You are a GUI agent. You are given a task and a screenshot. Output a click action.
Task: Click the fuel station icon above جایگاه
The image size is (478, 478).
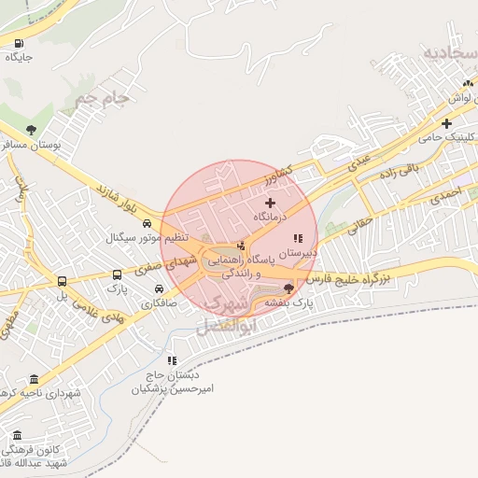point(19,43)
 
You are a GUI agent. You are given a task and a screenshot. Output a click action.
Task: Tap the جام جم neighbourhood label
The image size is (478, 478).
point(101,97)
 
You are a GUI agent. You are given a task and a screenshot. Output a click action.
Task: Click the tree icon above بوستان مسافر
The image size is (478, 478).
point(32,130)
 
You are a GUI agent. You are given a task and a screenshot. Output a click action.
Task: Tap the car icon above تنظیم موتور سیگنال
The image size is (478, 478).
point(148,223)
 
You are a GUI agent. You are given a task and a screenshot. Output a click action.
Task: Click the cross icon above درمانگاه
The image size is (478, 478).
point(271,203)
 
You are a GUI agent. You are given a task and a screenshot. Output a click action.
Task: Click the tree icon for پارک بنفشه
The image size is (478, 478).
point(288,288)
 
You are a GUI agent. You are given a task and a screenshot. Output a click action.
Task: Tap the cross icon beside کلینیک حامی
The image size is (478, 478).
point(447,123)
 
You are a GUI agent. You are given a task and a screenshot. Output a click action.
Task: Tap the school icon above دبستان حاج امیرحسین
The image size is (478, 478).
point(171,360)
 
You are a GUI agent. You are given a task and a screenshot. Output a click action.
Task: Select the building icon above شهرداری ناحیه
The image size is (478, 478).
point(35,379)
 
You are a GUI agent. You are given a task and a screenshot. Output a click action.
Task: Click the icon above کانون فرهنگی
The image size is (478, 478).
point(17,435)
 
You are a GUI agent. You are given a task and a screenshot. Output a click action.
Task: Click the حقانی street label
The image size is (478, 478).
point(361,223)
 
